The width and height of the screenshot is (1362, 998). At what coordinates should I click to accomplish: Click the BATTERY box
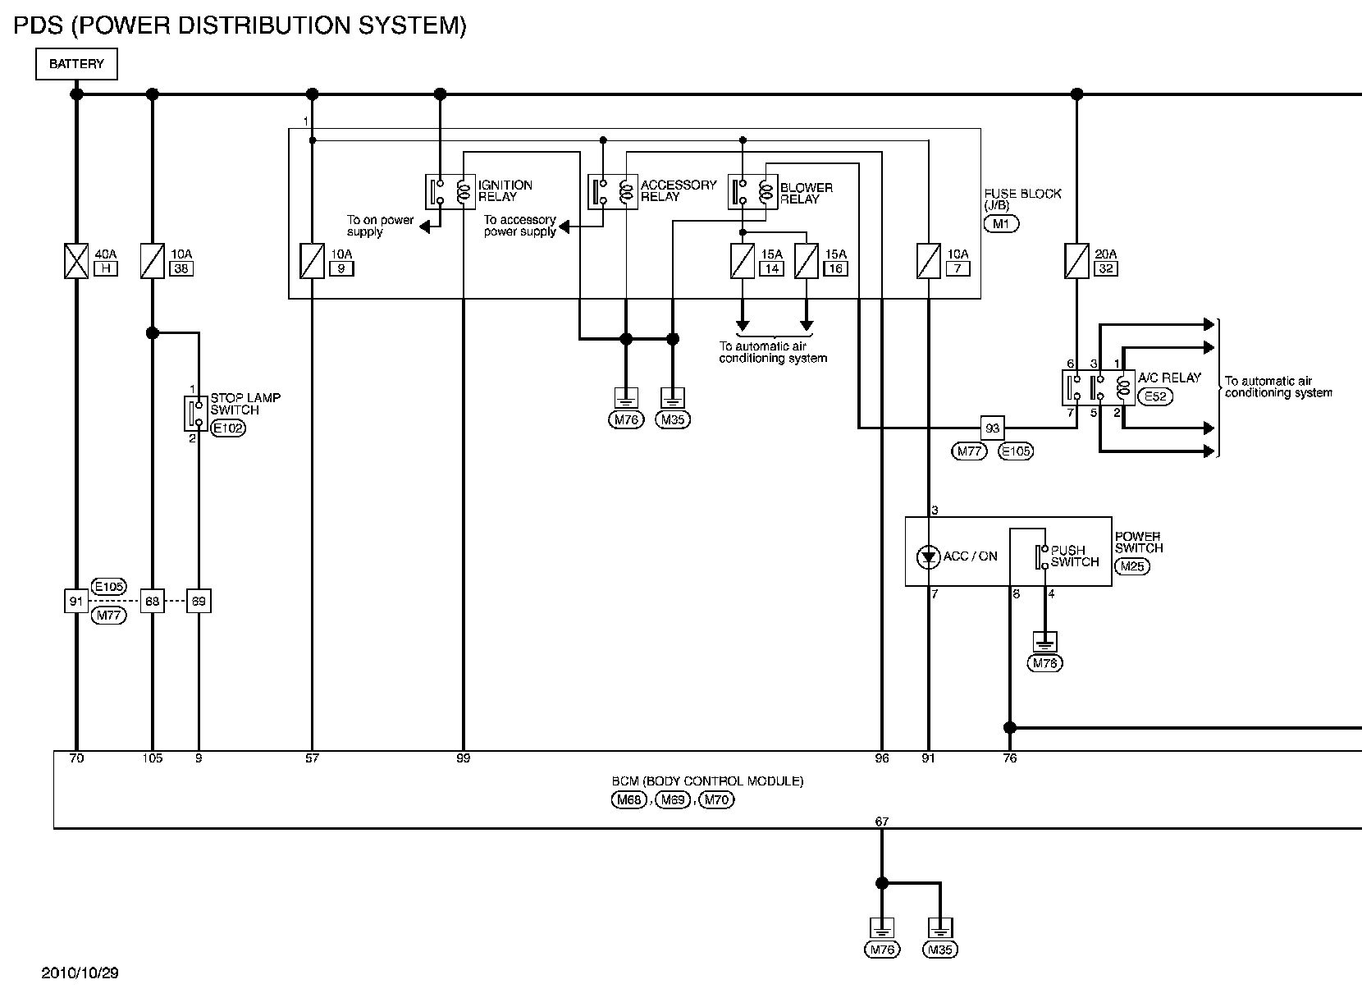[x=76, y=64]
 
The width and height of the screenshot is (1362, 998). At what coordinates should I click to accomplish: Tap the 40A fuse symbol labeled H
[x=76, y=261]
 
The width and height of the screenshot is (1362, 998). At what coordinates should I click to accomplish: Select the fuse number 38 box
[x=181, y=268]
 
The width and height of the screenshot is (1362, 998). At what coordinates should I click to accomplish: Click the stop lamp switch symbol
[x=196, y=413]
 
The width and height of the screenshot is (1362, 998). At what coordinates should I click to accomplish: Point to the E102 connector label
[x=228, y=428]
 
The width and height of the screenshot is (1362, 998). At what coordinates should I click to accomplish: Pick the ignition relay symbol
[x=450, y=191]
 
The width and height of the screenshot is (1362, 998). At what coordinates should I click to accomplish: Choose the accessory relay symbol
[x=612, y=191]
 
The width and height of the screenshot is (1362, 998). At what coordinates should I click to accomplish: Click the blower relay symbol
[x=752, y=191]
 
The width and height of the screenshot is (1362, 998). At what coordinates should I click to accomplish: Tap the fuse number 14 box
[x=771, y=268]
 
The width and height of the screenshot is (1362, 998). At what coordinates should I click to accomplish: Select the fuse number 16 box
[x=835, y=268]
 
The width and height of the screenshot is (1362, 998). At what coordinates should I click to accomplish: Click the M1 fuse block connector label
[x=1001, y=224]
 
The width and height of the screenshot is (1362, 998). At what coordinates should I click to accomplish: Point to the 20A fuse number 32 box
[x=1105, y=268]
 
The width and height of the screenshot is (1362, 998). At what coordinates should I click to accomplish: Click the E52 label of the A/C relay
[x=1154, y=396]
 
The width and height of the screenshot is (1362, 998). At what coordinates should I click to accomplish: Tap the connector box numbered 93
[x=993, y=428]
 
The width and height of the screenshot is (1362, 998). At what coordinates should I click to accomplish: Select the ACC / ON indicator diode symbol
[x=928, y=557]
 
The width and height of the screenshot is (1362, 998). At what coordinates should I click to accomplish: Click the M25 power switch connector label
[x=1132, y=566]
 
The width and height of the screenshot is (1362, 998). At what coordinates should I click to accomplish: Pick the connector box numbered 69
[x=199, y=601]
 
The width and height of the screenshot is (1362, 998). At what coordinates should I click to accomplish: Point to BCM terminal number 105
[x=153, y=758]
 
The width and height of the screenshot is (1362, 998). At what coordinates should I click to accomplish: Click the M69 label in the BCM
[x=673, y=800]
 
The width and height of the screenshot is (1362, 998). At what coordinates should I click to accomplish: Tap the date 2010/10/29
[x=80, y=973]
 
